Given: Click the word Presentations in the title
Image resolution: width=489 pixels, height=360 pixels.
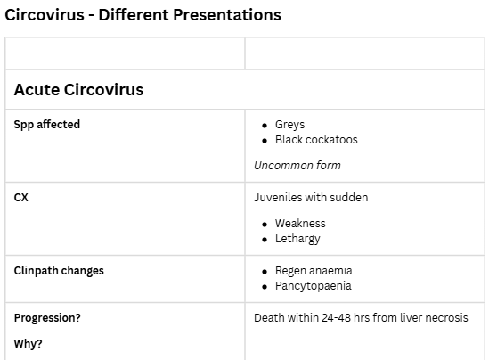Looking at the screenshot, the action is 227,15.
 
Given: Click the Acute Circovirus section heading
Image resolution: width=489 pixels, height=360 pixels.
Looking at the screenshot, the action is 78,90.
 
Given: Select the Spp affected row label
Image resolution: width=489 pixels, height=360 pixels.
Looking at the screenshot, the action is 47,125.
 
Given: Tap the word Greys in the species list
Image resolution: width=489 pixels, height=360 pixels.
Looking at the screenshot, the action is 289,125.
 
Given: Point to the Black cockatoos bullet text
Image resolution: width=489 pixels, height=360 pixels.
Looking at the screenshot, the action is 316,140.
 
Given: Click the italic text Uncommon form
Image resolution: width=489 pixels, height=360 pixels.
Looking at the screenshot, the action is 297,166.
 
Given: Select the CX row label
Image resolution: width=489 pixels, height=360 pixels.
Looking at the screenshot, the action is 20,198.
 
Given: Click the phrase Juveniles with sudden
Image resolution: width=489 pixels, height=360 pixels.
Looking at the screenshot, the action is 311,198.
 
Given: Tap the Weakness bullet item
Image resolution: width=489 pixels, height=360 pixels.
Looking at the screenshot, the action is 300,224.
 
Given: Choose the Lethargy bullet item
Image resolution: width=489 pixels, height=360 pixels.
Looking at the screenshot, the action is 297,239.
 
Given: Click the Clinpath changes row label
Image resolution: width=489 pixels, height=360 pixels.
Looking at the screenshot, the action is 59,271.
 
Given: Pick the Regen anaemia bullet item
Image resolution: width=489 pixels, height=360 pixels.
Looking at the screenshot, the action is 314,271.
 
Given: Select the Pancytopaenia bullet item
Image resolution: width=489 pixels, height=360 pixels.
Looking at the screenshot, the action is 314,286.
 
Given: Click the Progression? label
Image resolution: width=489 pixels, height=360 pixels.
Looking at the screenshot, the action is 47,318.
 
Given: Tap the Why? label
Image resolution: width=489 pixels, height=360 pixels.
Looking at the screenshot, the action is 29,344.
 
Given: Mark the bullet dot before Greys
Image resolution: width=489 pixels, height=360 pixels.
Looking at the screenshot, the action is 265,126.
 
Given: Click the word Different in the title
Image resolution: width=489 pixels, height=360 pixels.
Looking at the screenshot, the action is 134,15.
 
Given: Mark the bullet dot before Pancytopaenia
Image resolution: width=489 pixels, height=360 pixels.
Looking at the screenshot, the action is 265,287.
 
